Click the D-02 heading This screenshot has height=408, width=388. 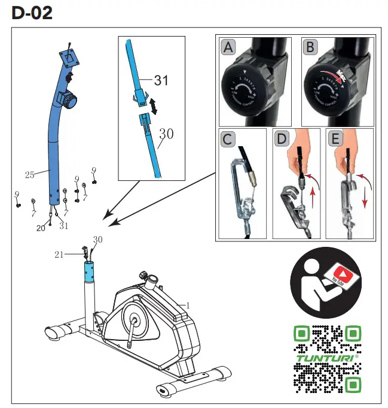32,13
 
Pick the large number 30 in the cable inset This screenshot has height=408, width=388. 166,135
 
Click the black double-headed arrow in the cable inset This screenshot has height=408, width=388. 154,106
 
